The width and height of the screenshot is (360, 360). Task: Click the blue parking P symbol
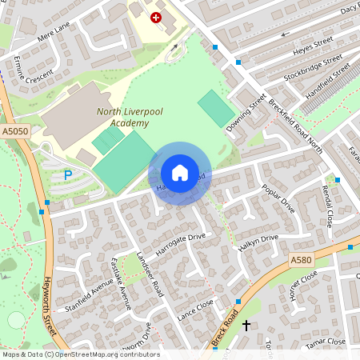coord(68,175)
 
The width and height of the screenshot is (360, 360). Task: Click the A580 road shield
coord(301,261)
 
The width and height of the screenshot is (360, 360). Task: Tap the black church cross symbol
coord(246,326)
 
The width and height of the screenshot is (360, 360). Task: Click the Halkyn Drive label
coord(258,242)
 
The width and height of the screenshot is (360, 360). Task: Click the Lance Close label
coord(196,310)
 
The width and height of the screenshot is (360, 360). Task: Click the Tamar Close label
coord(326,342)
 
